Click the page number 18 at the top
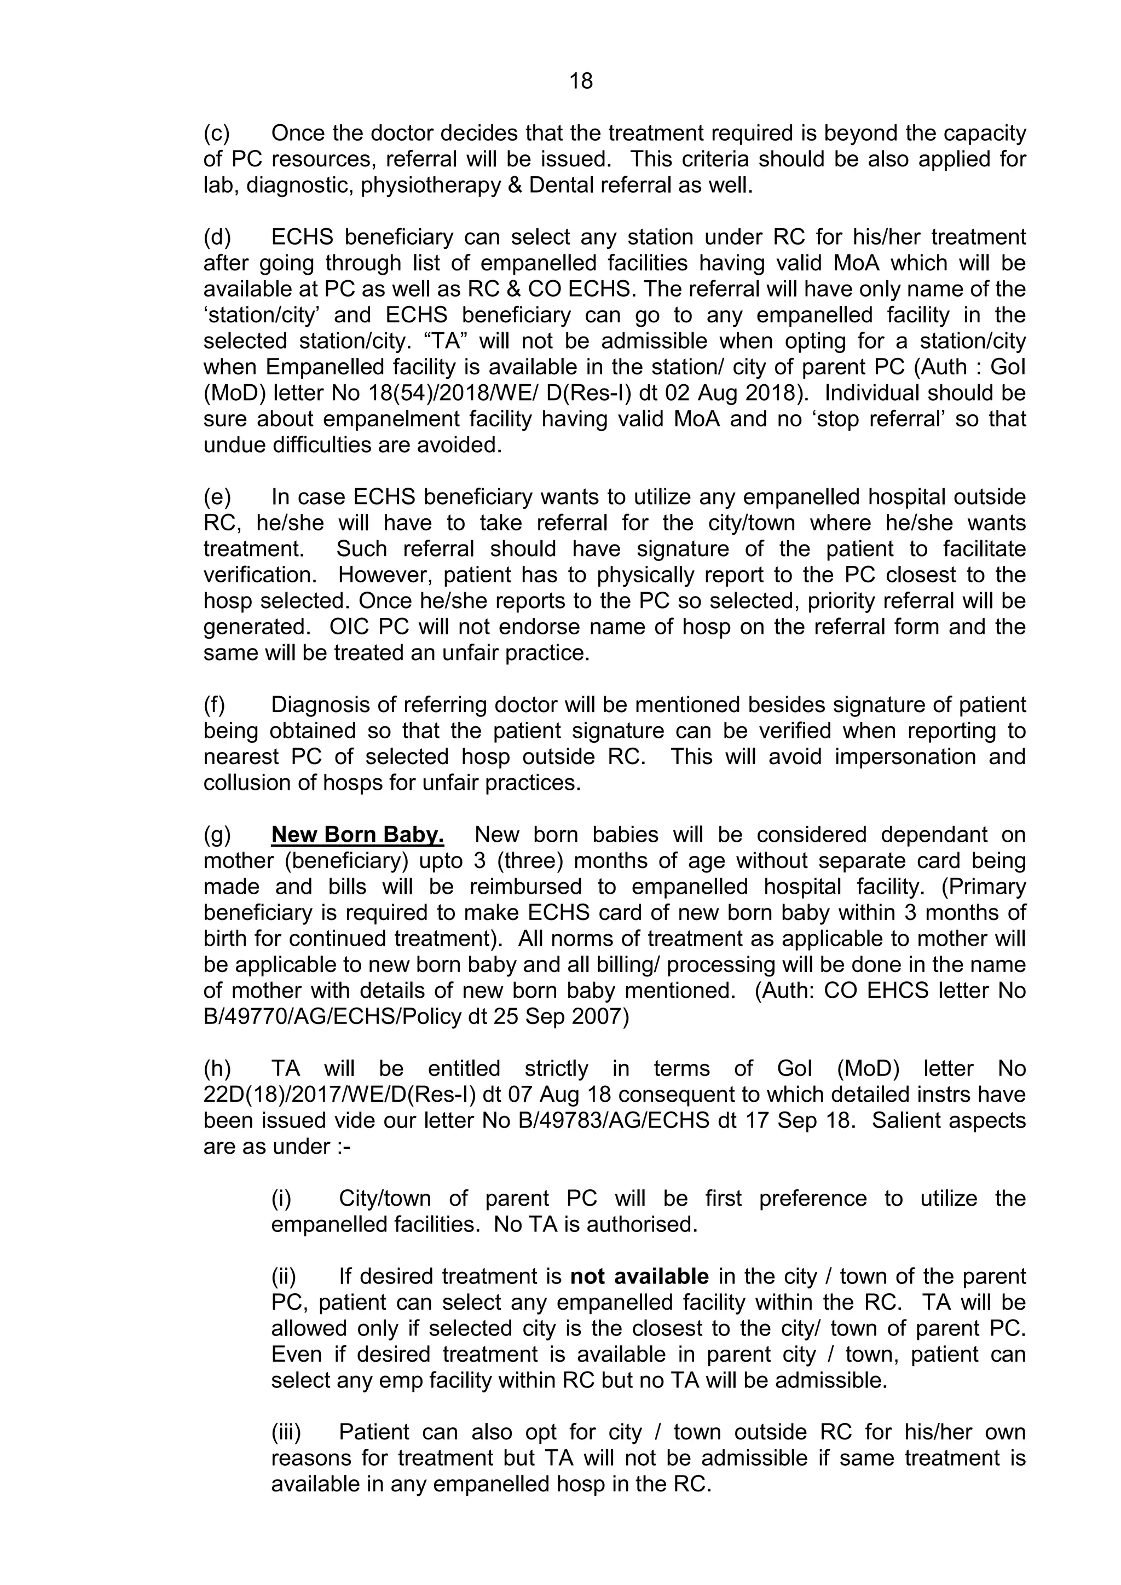pos(581,82)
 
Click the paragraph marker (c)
pos(217,132)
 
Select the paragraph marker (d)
pos(217,237)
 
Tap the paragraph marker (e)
pos(217,496)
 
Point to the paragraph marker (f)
pos(215,704)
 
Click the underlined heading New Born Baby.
pos(357,835)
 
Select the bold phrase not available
pos(639,1276)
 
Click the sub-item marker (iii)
pos(286,1432)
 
